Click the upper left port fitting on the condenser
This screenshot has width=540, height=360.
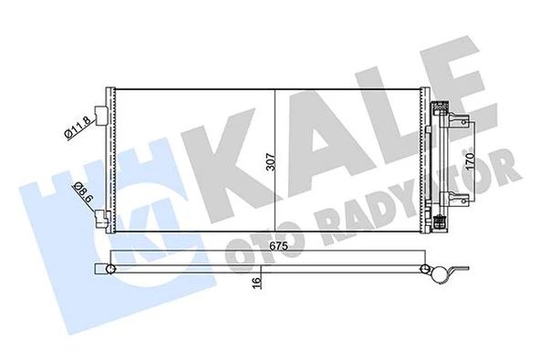click(104, 116)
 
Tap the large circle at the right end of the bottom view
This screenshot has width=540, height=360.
click(436, 271)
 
